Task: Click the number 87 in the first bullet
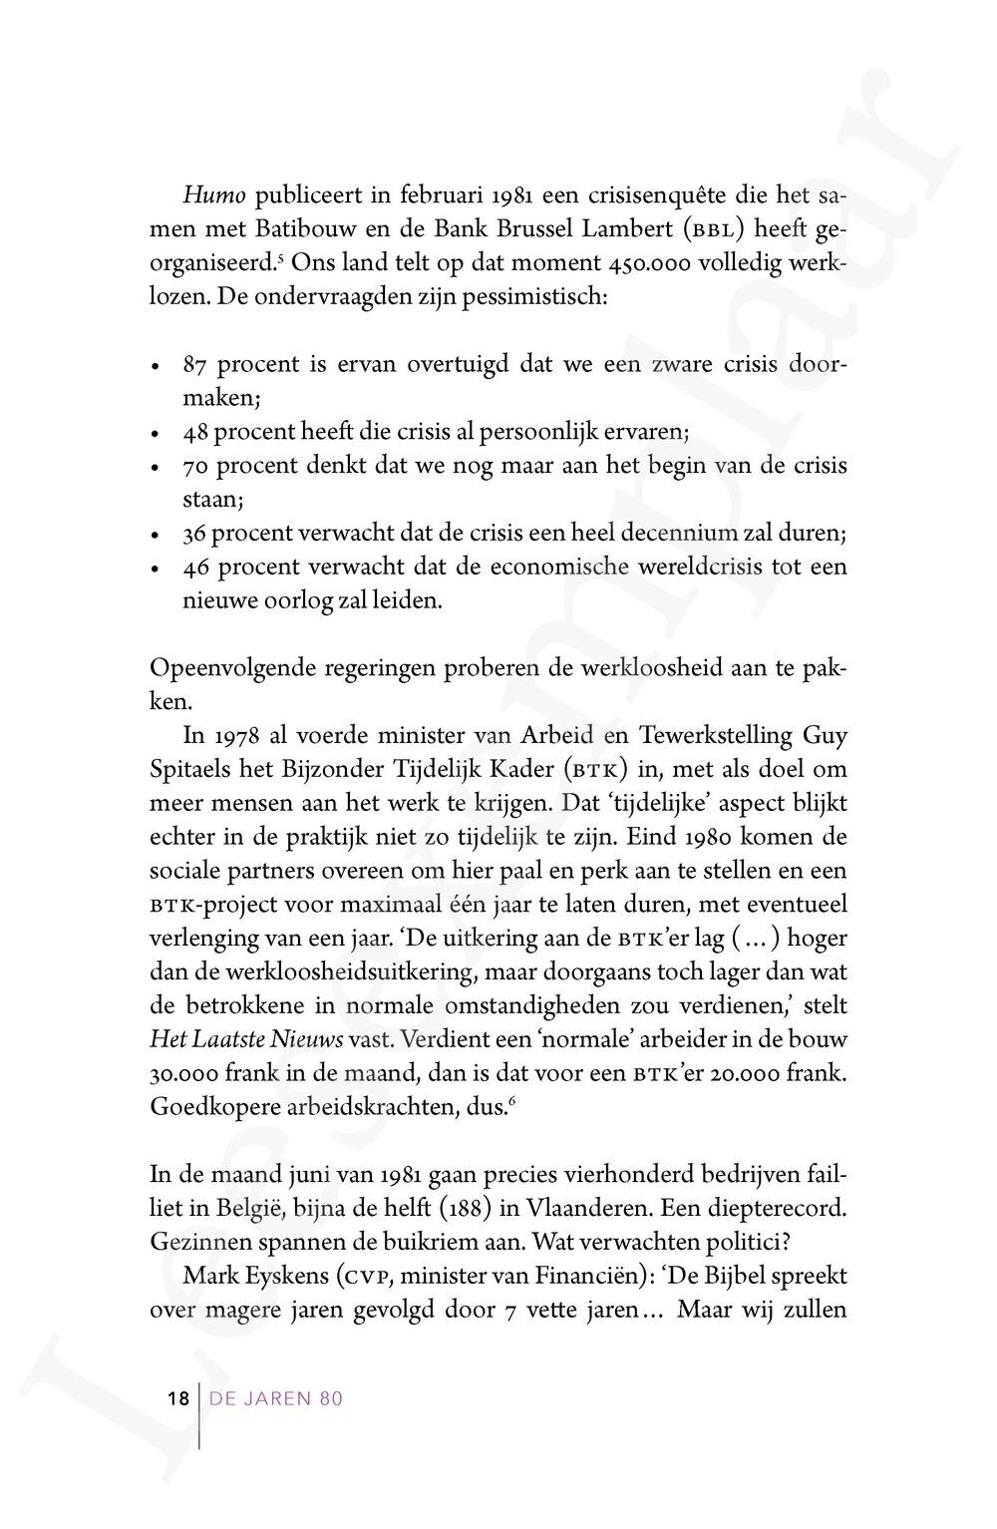[x=195, y=364]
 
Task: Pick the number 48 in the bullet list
[x=195, y=432]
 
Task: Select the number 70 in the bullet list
[x=195, y=466]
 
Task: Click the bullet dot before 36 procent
[x=156, y=537]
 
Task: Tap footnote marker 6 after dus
[x=512, y=1100]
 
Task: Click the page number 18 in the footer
[x=177, y=1398]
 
